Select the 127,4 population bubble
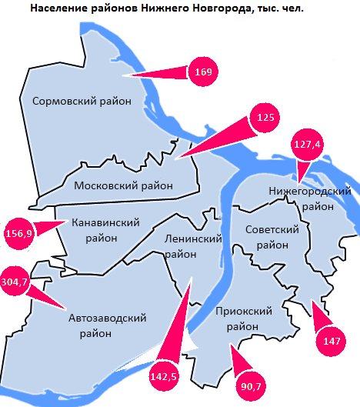point(308,144)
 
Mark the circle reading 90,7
point(252,385)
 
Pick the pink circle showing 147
point(332,339)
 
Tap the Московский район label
point(123,185)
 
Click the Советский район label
point(270,238)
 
